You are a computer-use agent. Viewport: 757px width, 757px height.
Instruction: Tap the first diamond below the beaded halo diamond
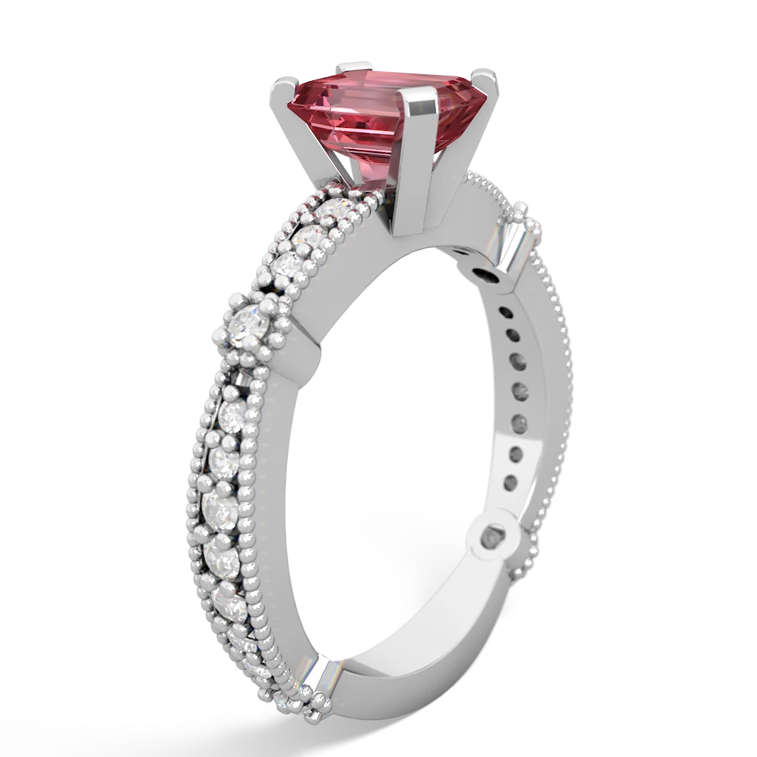pos(232,414)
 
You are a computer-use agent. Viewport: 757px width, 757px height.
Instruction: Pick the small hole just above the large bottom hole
pos(506,479)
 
